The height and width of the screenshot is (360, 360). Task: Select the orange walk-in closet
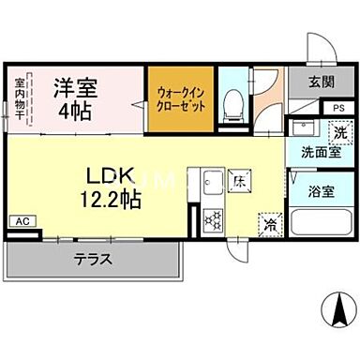pyautogui.click(x=181, y=98)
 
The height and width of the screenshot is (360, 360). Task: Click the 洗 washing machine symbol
pyautogui.click(x=340, y=131)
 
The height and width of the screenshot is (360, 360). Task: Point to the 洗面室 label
pyautogui.click(x=321, y=152)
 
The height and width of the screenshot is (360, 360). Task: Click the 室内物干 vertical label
pyautogui.click(x=21, y=97)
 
